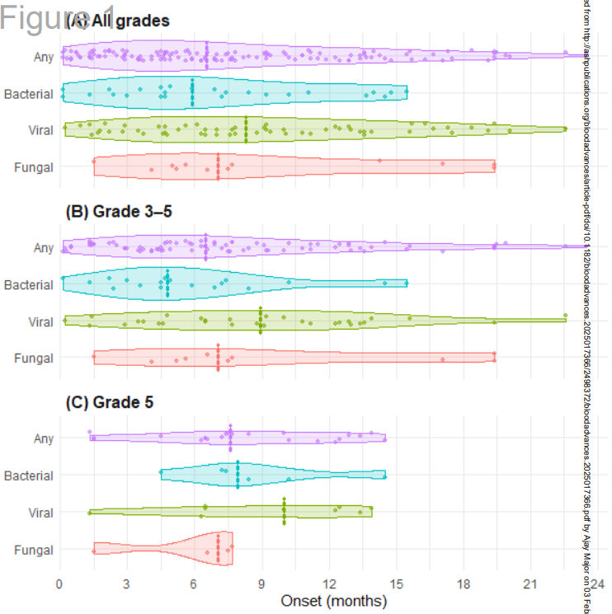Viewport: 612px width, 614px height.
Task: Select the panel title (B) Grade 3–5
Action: click(x=119, y=211)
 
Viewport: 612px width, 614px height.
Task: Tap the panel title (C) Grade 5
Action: click(x=108, y=402)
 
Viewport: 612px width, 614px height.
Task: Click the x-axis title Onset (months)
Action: click(x=334, y=601)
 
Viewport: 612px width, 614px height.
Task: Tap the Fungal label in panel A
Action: click(x=34, y=167)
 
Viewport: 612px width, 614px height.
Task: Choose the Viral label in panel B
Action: click(x=40, y=321)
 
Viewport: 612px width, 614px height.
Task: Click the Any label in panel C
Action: click(x=44, y=438)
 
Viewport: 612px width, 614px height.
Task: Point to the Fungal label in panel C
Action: click(x=34, y=550)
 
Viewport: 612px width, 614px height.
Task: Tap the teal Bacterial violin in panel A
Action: click(x=231, y=92)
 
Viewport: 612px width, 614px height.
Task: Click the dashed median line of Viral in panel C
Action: click(x=284, y=512)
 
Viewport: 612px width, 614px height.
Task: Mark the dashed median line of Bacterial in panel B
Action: click(x=167, y=284)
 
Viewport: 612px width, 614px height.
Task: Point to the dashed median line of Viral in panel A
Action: click(x=246, y=129)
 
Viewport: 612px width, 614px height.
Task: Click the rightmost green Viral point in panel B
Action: click(x=565, y=316)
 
